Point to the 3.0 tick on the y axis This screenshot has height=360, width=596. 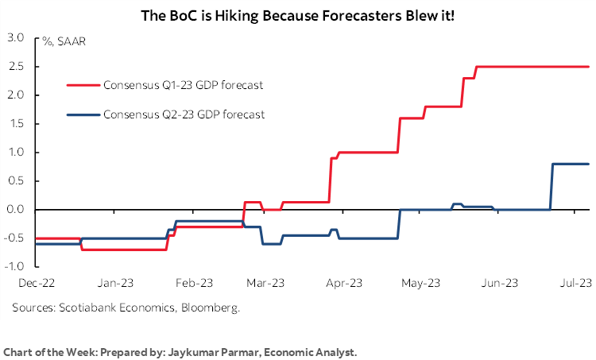coord(16,37)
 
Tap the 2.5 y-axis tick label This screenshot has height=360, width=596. coord(16,67)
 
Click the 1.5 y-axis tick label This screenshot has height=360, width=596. coord(16,124)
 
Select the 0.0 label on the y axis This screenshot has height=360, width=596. coord(16,210)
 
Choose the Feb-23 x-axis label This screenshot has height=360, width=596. coord(193,282)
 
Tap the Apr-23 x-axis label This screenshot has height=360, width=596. coord(346,282)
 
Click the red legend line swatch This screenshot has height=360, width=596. coord(83,83)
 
